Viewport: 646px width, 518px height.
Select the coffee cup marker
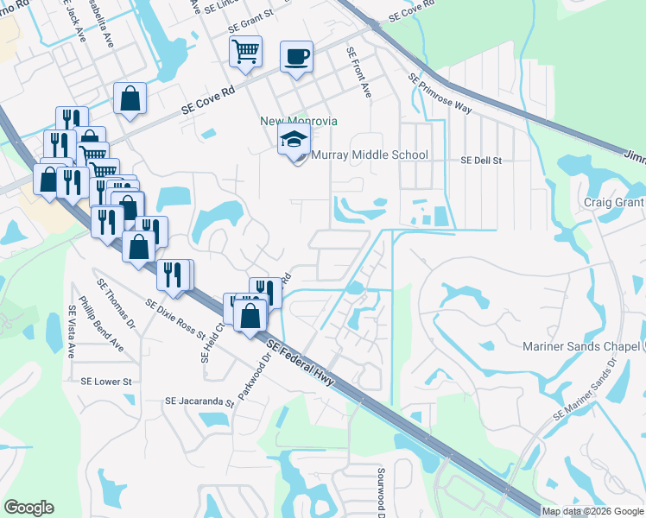[297, 57]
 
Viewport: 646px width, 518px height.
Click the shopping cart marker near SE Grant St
[245, 52]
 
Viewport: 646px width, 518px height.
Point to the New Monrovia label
[299, 121]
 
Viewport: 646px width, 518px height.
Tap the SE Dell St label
[481, 161]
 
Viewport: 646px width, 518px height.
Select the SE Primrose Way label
[440, 94]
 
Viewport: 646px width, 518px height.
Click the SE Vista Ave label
[72, 332]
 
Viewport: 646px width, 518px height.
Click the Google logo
[28, 508]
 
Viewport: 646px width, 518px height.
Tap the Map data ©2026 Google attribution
[592, 511]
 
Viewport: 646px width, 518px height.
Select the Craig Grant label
[613, 202]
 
